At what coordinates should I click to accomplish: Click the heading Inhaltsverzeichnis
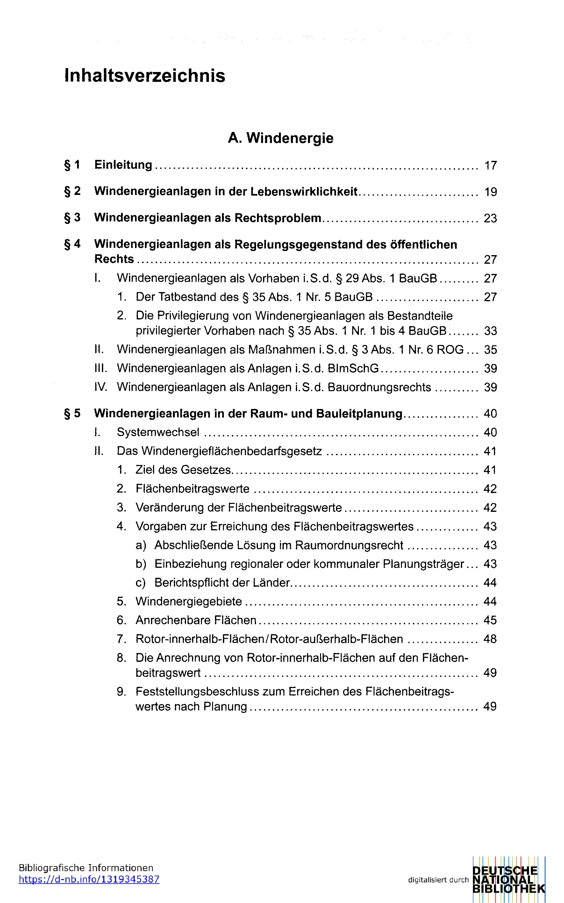tap(145, 76)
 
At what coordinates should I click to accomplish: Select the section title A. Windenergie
tap(281, 138)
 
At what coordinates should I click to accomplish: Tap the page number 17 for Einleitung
tap(490, 165)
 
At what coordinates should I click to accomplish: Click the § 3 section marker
tap(72, 218)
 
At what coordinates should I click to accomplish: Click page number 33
tap(490, 331)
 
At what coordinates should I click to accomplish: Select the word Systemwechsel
tap(158, 432)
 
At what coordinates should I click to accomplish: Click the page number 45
tap(490, 620)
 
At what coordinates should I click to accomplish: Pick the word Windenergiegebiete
tap(189, 601)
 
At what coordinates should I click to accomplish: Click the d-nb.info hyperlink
tap(89, 879)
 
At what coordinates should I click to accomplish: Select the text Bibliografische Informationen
tap(86, 868)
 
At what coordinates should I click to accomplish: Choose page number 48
tap(490, 639)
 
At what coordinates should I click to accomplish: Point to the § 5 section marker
tap(72, 413)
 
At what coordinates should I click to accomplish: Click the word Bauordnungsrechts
tap(379, 387)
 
